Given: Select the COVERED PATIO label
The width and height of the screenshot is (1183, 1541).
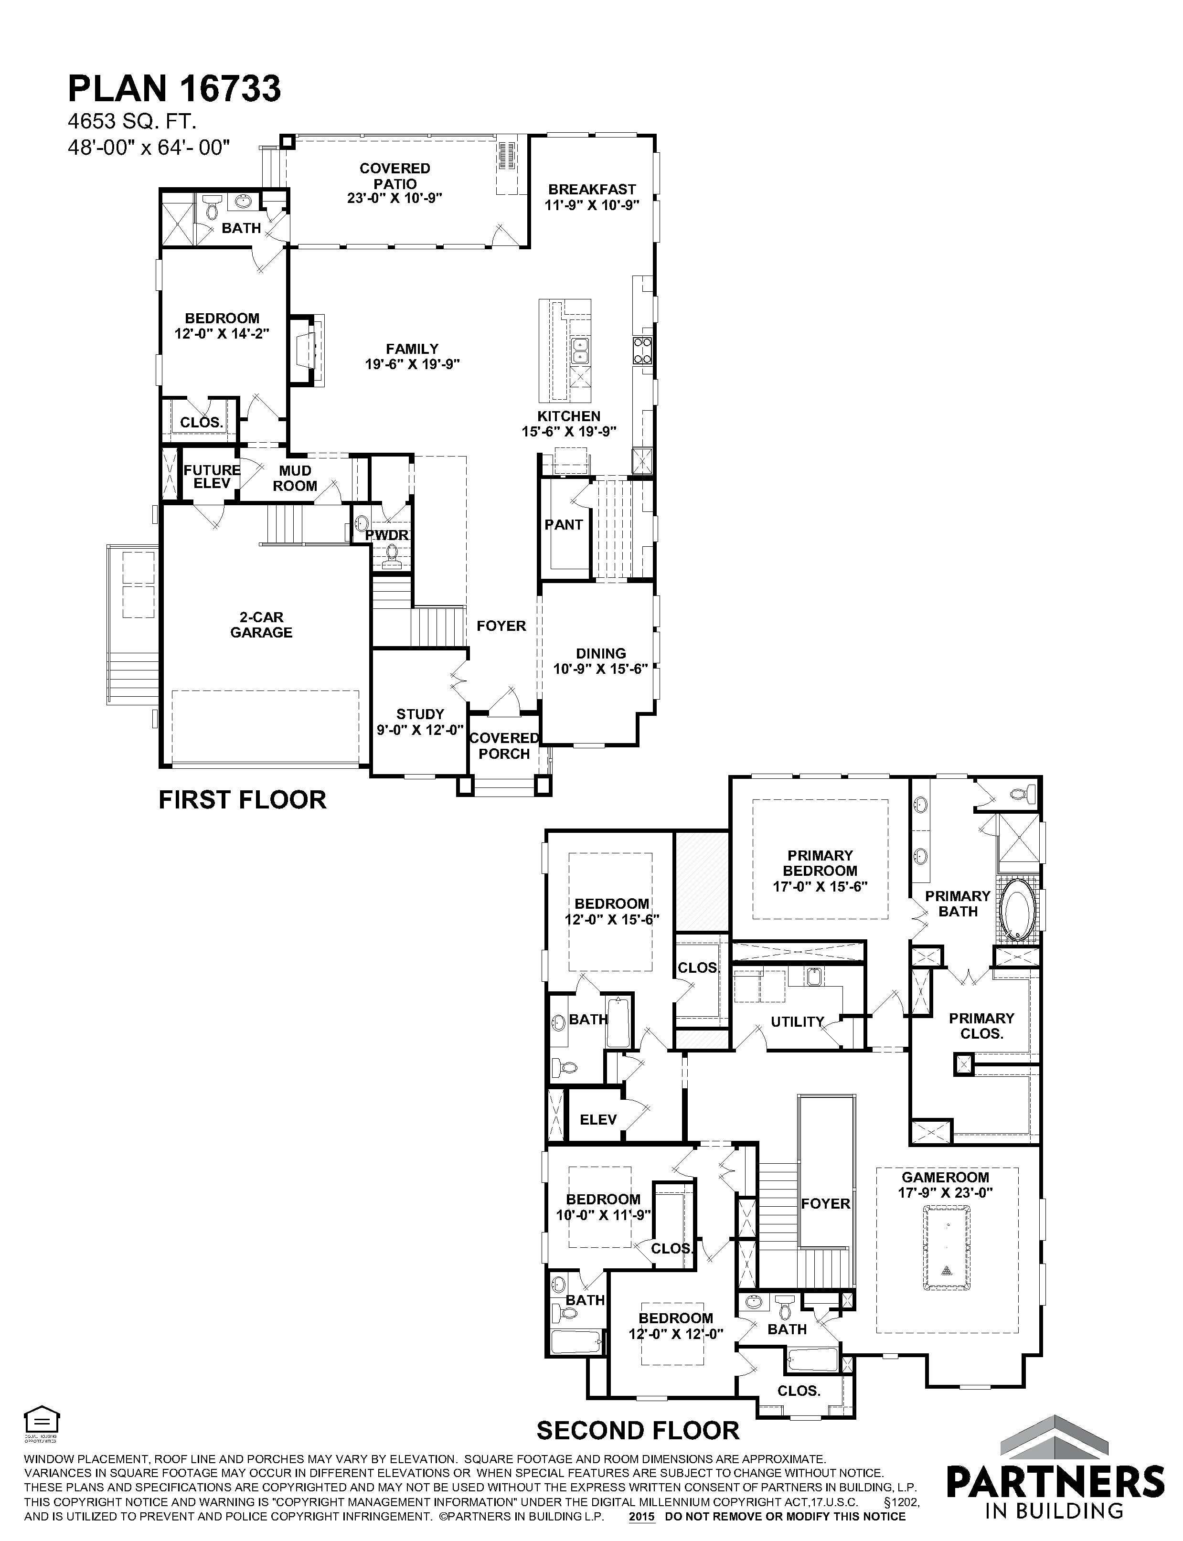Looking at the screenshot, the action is [x=395, y=176].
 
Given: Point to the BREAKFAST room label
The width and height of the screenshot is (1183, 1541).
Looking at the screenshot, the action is [x=592, y=190].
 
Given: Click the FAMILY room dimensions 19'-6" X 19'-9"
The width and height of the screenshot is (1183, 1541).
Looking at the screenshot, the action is [x=413, y=365].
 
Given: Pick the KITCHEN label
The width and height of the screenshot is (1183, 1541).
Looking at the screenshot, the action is [x=569, y=416].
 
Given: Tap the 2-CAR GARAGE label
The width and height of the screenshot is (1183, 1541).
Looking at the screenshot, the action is [x=261, y=625].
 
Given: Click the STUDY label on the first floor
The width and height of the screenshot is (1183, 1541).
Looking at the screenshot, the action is [x=420, y=714].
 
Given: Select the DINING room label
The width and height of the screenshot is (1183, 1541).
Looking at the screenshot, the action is [x=601, y=653].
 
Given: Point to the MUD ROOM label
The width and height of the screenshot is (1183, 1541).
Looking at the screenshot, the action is [x=295, y=478].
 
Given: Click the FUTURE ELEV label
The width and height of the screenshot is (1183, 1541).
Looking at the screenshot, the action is [x=212, y=477].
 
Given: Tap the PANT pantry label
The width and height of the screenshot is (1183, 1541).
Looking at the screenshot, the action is [x=564, y=524].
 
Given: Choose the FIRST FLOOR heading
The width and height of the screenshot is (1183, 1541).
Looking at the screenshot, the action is [x=242, y=800].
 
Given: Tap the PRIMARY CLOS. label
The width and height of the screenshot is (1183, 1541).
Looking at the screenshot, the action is [x=981, y=1026].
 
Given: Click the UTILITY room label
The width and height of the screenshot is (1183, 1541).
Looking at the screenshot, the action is [x=797, y=1021].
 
